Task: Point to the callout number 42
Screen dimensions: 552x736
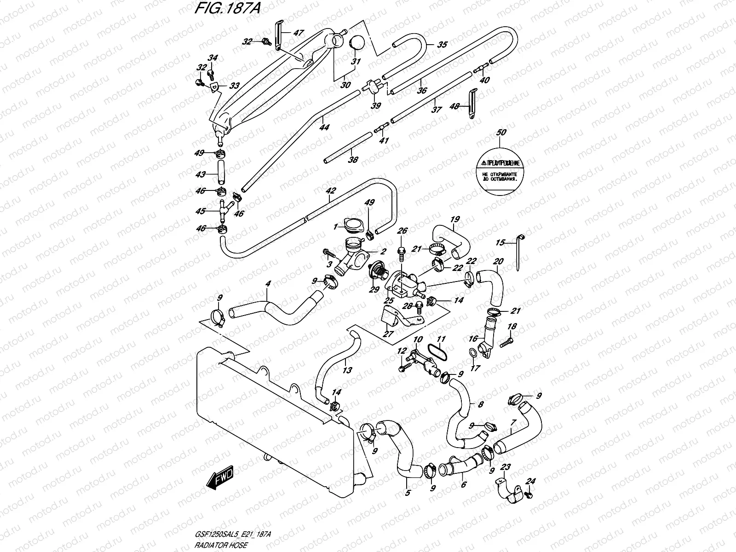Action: (x=331, y=190)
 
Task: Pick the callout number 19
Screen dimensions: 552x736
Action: (x=455, y=219)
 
